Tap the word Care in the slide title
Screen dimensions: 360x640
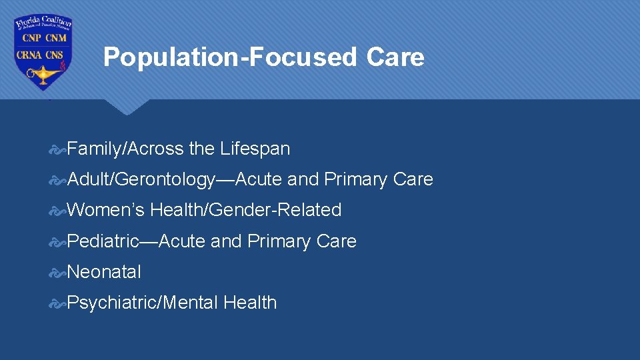coord(395,57)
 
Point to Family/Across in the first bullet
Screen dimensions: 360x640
coord(125,149)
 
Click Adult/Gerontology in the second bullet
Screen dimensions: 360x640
coord(141,180)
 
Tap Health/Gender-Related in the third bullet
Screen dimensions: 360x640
coord(246,210)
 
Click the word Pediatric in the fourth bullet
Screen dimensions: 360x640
coord(103,241)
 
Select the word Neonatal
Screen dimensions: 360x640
coord(104,272)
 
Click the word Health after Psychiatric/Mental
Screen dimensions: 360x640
coord(250,303)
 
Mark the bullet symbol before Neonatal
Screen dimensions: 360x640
coord(58,272)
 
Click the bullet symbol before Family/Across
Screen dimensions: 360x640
coord(58,149)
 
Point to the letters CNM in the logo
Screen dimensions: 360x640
coord(56,38)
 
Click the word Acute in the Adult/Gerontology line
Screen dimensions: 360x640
coord(259,180)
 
